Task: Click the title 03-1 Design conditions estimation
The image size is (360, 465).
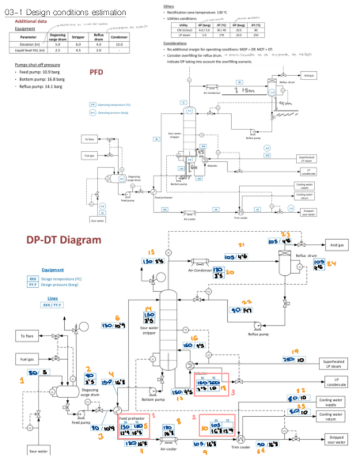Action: (x=65, y=12)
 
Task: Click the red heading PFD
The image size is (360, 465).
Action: (x=97, y=72)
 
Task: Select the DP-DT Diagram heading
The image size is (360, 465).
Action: (x=64, y=239)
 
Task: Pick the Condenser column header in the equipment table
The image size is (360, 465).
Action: (x=119, y=37)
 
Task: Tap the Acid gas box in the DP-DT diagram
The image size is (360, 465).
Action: (x=335, y=245)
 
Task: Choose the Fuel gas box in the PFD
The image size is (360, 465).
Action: (x=90, y=155)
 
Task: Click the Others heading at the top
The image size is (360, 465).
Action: (x=169, y=6)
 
